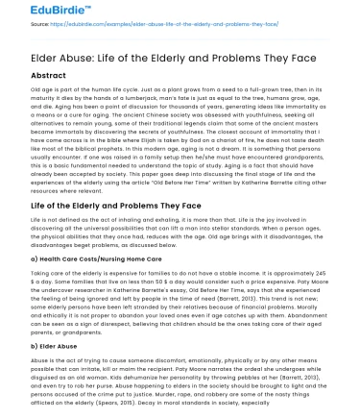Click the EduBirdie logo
click(36, 12)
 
